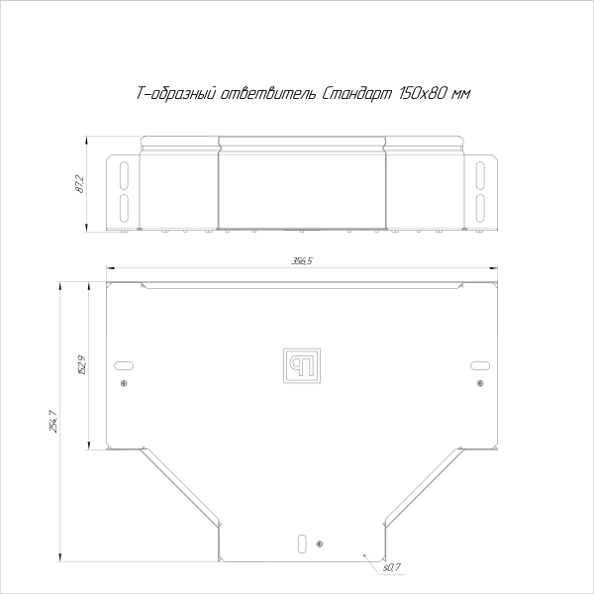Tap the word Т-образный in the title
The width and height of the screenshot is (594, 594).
174,94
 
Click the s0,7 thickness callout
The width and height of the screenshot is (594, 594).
388,566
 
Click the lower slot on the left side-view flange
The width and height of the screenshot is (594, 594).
124,207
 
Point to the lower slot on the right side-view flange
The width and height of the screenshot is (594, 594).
479,207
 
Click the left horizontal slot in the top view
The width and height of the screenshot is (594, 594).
124,363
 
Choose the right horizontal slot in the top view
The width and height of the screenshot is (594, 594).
479,363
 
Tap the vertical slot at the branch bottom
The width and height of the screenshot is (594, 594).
301,543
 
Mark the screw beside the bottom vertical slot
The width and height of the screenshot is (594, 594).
319,544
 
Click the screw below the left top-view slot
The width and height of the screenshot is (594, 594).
124,383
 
